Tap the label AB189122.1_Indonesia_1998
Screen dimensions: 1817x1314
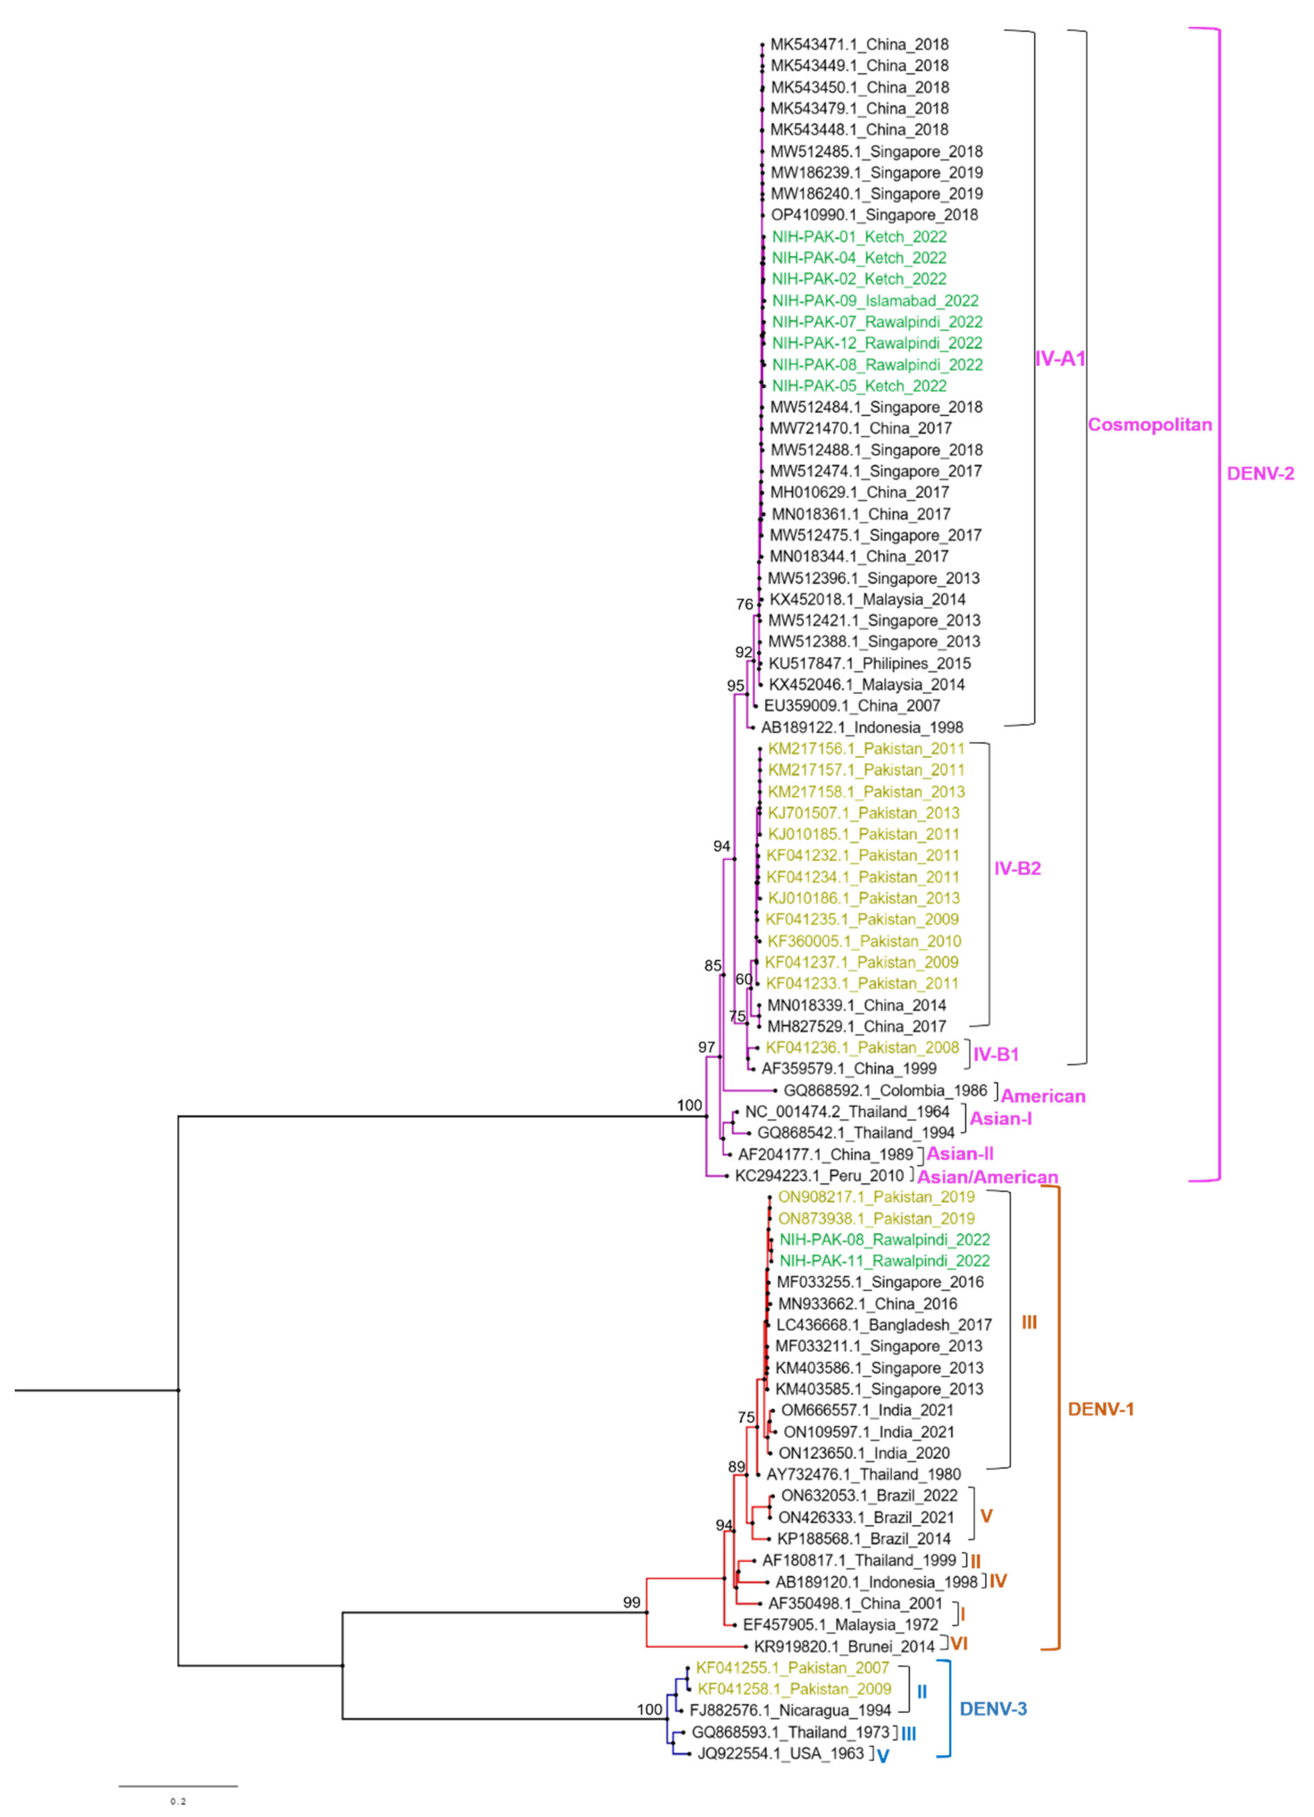coord(862,727)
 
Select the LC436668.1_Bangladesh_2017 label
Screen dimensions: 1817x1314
coord(884,1325)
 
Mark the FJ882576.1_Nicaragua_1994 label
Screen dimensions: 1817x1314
coord(790,1710)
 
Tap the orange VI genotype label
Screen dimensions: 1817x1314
coord(959,1644)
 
